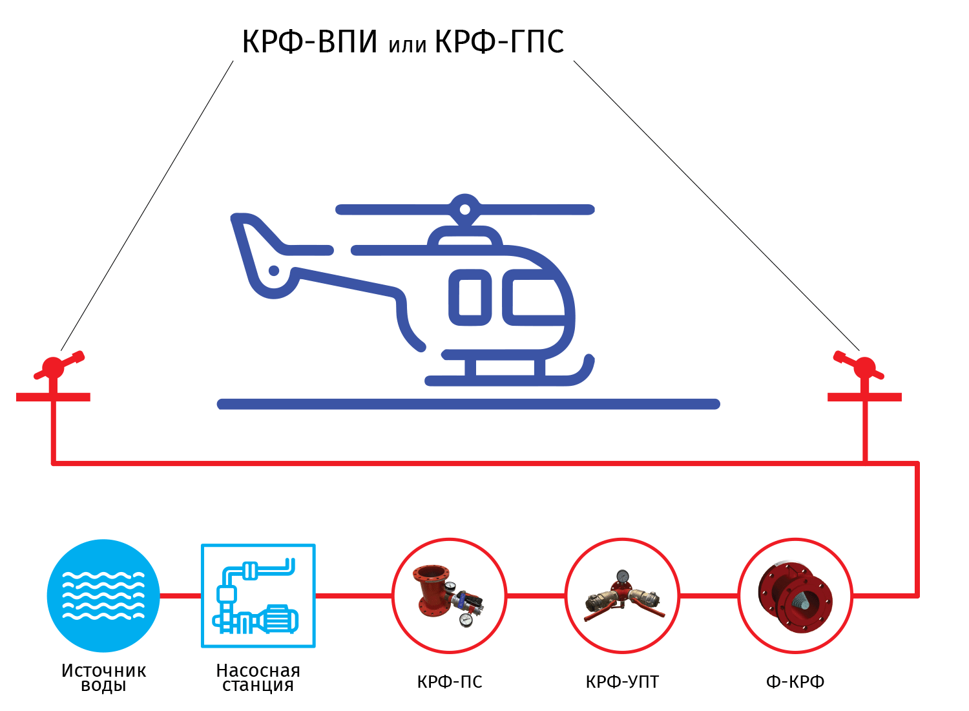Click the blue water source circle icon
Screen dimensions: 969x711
coord(103,596)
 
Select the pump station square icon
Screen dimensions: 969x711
coord(258,596)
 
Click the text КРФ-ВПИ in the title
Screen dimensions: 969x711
coord(309,42)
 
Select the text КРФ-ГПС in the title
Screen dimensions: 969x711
coord(499,42)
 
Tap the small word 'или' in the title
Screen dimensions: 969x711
coord(407,45)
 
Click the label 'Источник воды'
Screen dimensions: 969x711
coord(104,677)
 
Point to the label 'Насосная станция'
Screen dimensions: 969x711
coord(258,677)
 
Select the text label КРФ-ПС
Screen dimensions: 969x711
coord(450,682)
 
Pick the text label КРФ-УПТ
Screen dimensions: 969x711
coord(622,682)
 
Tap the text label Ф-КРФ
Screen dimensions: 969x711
coord(795,682)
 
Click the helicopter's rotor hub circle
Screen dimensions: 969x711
coord(464,209)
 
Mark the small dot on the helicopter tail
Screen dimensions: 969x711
coord(274,271)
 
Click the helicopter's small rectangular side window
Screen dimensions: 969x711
coord(470,297)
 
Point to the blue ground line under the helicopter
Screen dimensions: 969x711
coord(468,404)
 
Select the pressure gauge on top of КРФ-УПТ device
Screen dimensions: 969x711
coord(623,576)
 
